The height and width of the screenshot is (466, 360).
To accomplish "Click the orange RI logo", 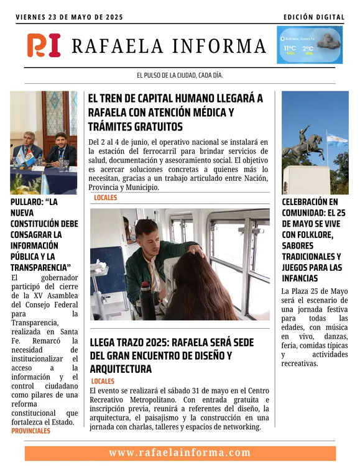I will click(x=44, y=45).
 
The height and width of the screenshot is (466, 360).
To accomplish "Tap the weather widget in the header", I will click(x=309, y=45).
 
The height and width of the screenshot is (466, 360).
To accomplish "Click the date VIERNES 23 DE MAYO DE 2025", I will click(x=70, y=17).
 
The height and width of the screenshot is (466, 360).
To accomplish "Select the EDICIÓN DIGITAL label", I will click(x=313, y=17).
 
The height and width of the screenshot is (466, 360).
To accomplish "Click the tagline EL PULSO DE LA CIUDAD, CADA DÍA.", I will click(x=180, y=75).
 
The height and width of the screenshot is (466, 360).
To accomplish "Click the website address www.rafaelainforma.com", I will click(x=180, y=452).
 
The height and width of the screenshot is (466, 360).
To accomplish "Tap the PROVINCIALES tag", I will click(x=31, y=430).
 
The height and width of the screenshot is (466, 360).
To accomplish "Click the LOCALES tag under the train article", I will click(x=105, y=198).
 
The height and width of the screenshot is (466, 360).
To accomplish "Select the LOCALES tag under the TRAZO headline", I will click(x=103, y=381).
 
